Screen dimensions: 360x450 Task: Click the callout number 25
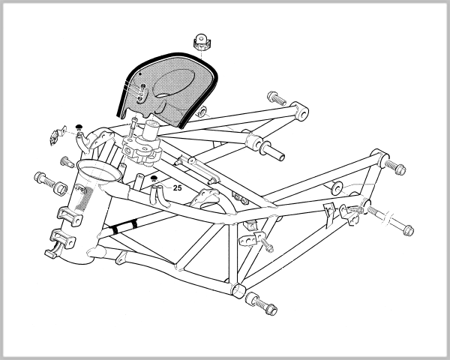point(177,188)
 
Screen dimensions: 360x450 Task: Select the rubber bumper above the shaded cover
point(201,44)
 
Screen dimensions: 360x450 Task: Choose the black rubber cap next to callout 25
point(153,178)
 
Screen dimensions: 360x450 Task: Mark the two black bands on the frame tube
point(123,224)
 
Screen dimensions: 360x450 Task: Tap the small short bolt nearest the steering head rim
point(66,160)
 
